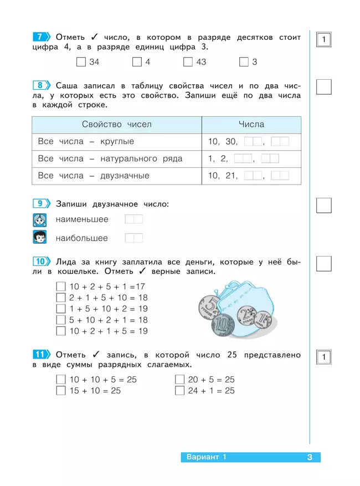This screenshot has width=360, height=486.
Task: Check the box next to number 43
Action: (188, 62)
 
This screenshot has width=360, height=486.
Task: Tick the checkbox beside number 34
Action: (81, 62)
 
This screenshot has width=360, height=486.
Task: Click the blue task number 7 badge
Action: (41, 37)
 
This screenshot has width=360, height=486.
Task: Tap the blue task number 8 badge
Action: (41, 85)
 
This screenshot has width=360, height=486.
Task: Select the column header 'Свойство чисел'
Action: (116, 125)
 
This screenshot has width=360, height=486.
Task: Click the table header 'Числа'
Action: (251, 125)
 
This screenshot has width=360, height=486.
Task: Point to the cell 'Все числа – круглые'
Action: (86, 142)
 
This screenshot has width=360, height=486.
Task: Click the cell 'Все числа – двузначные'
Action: (94, 176)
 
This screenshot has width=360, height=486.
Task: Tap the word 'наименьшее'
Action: (82, 219)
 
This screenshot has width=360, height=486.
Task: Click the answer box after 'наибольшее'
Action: (133, 238)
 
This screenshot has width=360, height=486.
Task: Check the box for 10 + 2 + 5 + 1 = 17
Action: (61, 287)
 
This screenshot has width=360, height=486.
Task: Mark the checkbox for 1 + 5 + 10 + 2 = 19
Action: (61, 309)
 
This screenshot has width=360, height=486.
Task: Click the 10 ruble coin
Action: (222, 325)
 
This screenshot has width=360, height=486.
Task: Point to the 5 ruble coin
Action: (210, 306)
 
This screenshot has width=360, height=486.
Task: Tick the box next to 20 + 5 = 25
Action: (179, 380)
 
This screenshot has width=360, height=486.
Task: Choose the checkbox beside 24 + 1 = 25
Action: (179, 391)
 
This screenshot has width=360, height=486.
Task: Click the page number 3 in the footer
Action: (310, 457)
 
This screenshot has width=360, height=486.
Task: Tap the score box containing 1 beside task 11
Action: (323, 357)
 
